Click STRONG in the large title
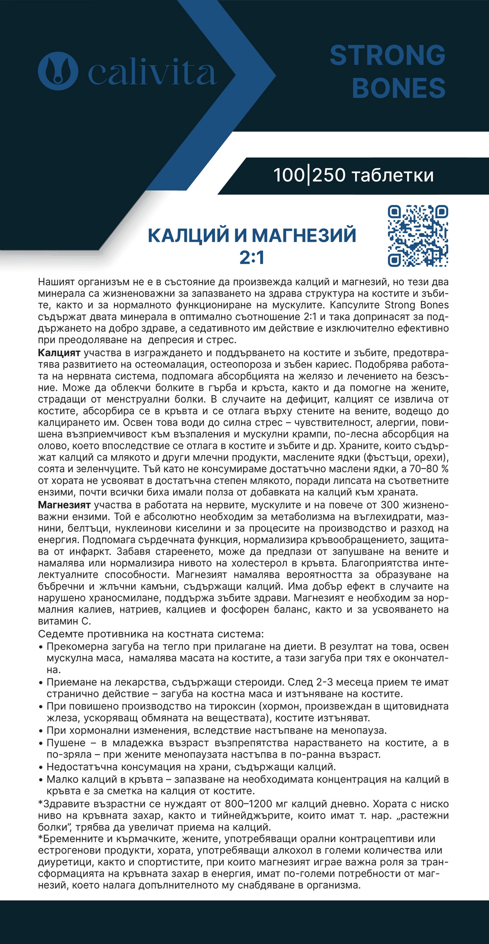coord(388,56)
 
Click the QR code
coord(418,236)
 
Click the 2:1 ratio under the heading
coord(252,258)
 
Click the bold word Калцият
coord(59,353)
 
